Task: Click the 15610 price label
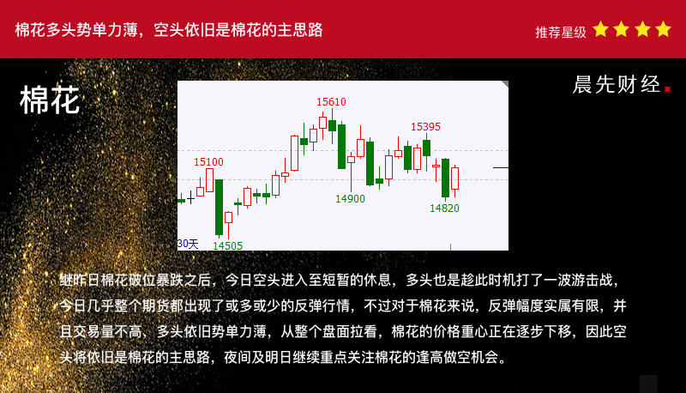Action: pos(331,102)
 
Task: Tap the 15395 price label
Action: pos(425,127)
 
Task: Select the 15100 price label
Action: pos(208,162)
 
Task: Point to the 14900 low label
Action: pos(350,199)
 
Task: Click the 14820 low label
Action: pos(444,209)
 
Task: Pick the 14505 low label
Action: pos(227,245)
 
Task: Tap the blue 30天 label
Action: pos(188,244)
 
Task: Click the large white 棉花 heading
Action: pos(50,100)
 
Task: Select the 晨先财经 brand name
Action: pos(616,84)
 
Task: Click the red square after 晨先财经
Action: pos(668,89)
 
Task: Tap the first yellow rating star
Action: pos(601,29)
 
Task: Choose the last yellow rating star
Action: pos(663,29)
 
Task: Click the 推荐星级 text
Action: pos(561,32)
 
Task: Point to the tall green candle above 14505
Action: pos(220,207)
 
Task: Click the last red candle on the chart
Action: pos(455,178)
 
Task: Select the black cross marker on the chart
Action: pos(190,198)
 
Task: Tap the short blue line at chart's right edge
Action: pos(501,167)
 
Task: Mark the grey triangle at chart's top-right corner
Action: pos(505,83)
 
